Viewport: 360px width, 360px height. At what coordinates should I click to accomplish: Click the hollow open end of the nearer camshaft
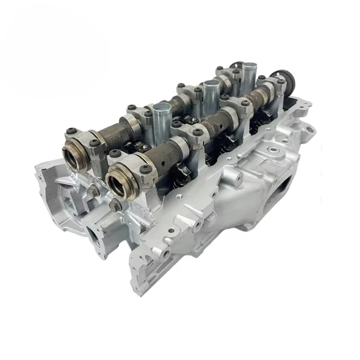coord(118,183)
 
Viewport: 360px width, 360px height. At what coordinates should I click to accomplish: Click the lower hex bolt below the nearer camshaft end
coord(115,206)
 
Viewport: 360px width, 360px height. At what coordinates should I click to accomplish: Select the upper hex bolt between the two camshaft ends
coord(93,191)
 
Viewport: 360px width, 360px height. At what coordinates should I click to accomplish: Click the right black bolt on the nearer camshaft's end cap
coord(144,168)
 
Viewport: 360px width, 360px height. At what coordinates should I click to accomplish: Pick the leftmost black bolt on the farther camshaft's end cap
coord(72,130)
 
